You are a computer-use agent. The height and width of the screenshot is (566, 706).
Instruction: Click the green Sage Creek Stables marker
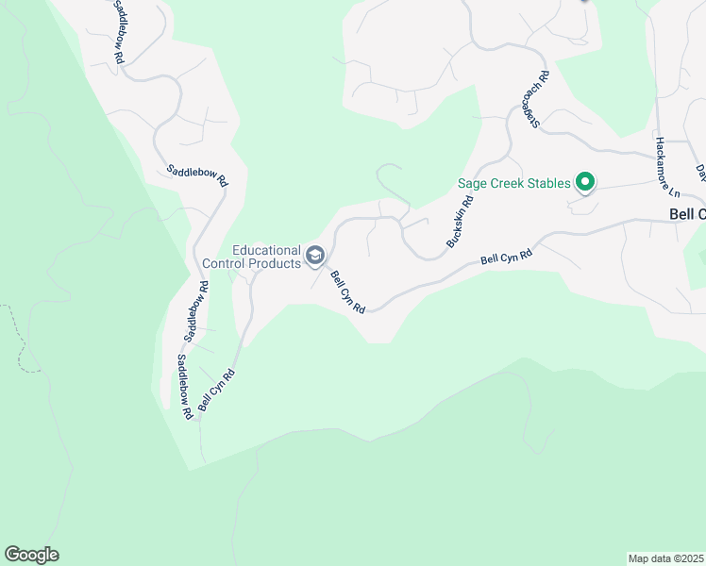click(585, 183)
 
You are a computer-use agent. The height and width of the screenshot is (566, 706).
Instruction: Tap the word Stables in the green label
click(546, 183)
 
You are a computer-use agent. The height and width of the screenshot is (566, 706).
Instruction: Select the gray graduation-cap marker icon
click(314, 256)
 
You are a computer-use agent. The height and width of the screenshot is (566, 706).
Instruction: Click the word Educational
click(267, 251)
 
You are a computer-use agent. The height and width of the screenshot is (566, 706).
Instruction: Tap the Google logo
click(31, 555)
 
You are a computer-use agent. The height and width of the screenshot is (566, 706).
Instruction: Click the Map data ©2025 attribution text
click(665, 558)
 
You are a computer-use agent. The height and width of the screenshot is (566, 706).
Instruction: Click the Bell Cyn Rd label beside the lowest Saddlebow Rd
click(215, 393)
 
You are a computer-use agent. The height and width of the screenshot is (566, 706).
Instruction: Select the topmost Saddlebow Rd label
click(118, 31)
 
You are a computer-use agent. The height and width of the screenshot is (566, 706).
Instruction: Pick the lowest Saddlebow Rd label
click(185, 386)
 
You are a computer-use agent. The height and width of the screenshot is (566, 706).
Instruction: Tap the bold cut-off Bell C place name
click(687, 214)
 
